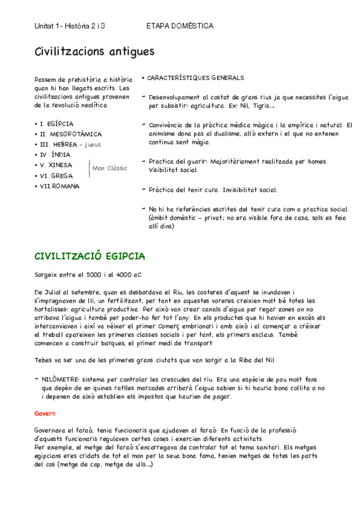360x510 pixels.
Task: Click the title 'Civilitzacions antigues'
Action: [x=94, y=52]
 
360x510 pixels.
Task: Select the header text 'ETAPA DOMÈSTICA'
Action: [x=180, y=26]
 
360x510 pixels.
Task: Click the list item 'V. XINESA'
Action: [x=56, y=165]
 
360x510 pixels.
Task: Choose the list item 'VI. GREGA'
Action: [x=56, y=176]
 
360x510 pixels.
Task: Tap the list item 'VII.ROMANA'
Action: [x=59, y=186]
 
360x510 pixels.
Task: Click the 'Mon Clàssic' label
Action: [x=109, y=168]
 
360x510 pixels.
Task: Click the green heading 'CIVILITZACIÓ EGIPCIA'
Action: [x=90, y=256]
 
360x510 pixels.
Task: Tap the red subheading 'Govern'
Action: [x=45, y=414]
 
